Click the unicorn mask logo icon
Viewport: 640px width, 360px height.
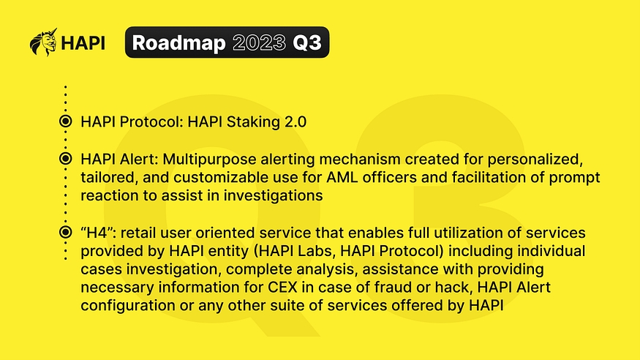(43, 42)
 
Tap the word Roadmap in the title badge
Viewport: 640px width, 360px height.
(178, 43)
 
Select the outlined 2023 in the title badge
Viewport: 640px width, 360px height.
(259, 42)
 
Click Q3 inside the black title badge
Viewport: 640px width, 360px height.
(307, 43)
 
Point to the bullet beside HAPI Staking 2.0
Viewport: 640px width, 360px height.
(65, 121)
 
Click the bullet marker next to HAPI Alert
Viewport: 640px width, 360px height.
(65, 158)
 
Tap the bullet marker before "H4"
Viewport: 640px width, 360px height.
(65, 232)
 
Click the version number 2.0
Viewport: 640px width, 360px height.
(295, 121)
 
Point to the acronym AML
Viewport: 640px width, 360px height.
(339, 177)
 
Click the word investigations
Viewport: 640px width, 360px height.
(273, 195)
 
